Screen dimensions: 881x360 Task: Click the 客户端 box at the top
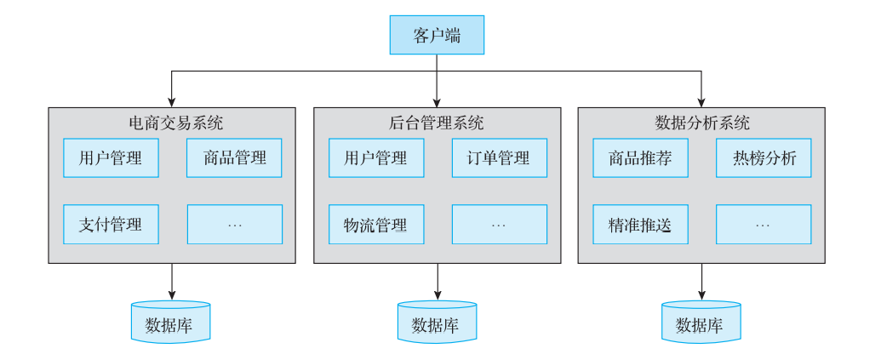(437, 35)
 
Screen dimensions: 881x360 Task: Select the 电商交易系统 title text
(172, 123)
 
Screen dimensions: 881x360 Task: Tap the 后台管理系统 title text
(437, 123)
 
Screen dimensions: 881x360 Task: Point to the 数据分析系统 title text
(701, 123)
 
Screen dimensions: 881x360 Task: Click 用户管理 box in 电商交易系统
(111, 157)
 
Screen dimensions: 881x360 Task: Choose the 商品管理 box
(234, 157)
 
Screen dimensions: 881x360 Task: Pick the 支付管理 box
(111, 224)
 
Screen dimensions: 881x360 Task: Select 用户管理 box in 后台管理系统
(376, 157)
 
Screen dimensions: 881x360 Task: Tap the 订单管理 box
(499, 157)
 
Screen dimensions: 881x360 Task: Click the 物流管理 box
(376, 224)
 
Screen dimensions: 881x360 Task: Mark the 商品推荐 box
(640, 157)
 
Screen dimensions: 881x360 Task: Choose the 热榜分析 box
(764, 157)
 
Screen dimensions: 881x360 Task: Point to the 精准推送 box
(640, 224)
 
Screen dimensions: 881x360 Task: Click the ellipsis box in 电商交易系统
(234, 224)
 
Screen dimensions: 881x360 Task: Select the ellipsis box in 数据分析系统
(764, 224)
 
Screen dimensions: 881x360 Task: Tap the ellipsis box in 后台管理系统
(499, 224)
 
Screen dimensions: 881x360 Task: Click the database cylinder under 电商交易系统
(171, 322)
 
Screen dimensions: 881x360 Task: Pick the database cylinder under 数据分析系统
(701, 322)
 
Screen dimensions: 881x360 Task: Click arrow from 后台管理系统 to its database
(438, 282)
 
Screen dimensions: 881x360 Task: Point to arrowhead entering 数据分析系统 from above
(701, 103)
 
